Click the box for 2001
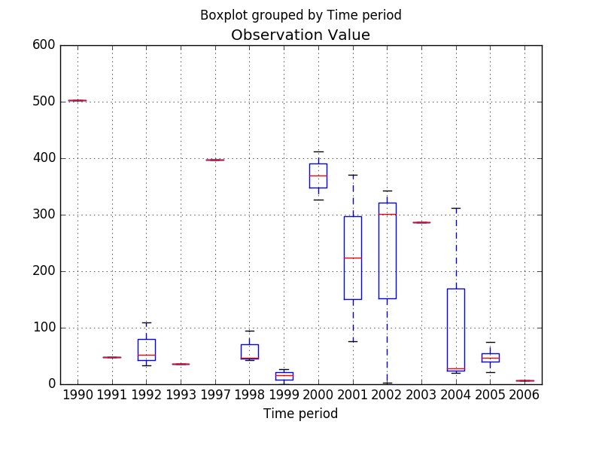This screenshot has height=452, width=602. point(352,258)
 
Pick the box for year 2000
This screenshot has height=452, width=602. point(318,176)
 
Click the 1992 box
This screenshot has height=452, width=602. point(146,350)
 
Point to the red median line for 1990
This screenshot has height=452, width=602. point(77,100)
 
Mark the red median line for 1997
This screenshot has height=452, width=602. point(214,160)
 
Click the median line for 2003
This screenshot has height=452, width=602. point(421,222)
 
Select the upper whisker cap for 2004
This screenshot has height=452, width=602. point(455,208)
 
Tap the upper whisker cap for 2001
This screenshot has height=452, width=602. point(352,175)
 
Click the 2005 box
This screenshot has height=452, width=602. point(490,357)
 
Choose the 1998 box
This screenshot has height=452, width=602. point(249,351)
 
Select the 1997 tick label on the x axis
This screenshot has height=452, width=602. point(214,395)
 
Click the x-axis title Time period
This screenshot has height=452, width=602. point(300,414)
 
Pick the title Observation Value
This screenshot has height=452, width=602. point(300,35)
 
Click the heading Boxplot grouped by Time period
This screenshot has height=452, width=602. point(300,15)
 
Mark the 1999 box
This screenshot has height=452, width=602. point(284,375)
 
